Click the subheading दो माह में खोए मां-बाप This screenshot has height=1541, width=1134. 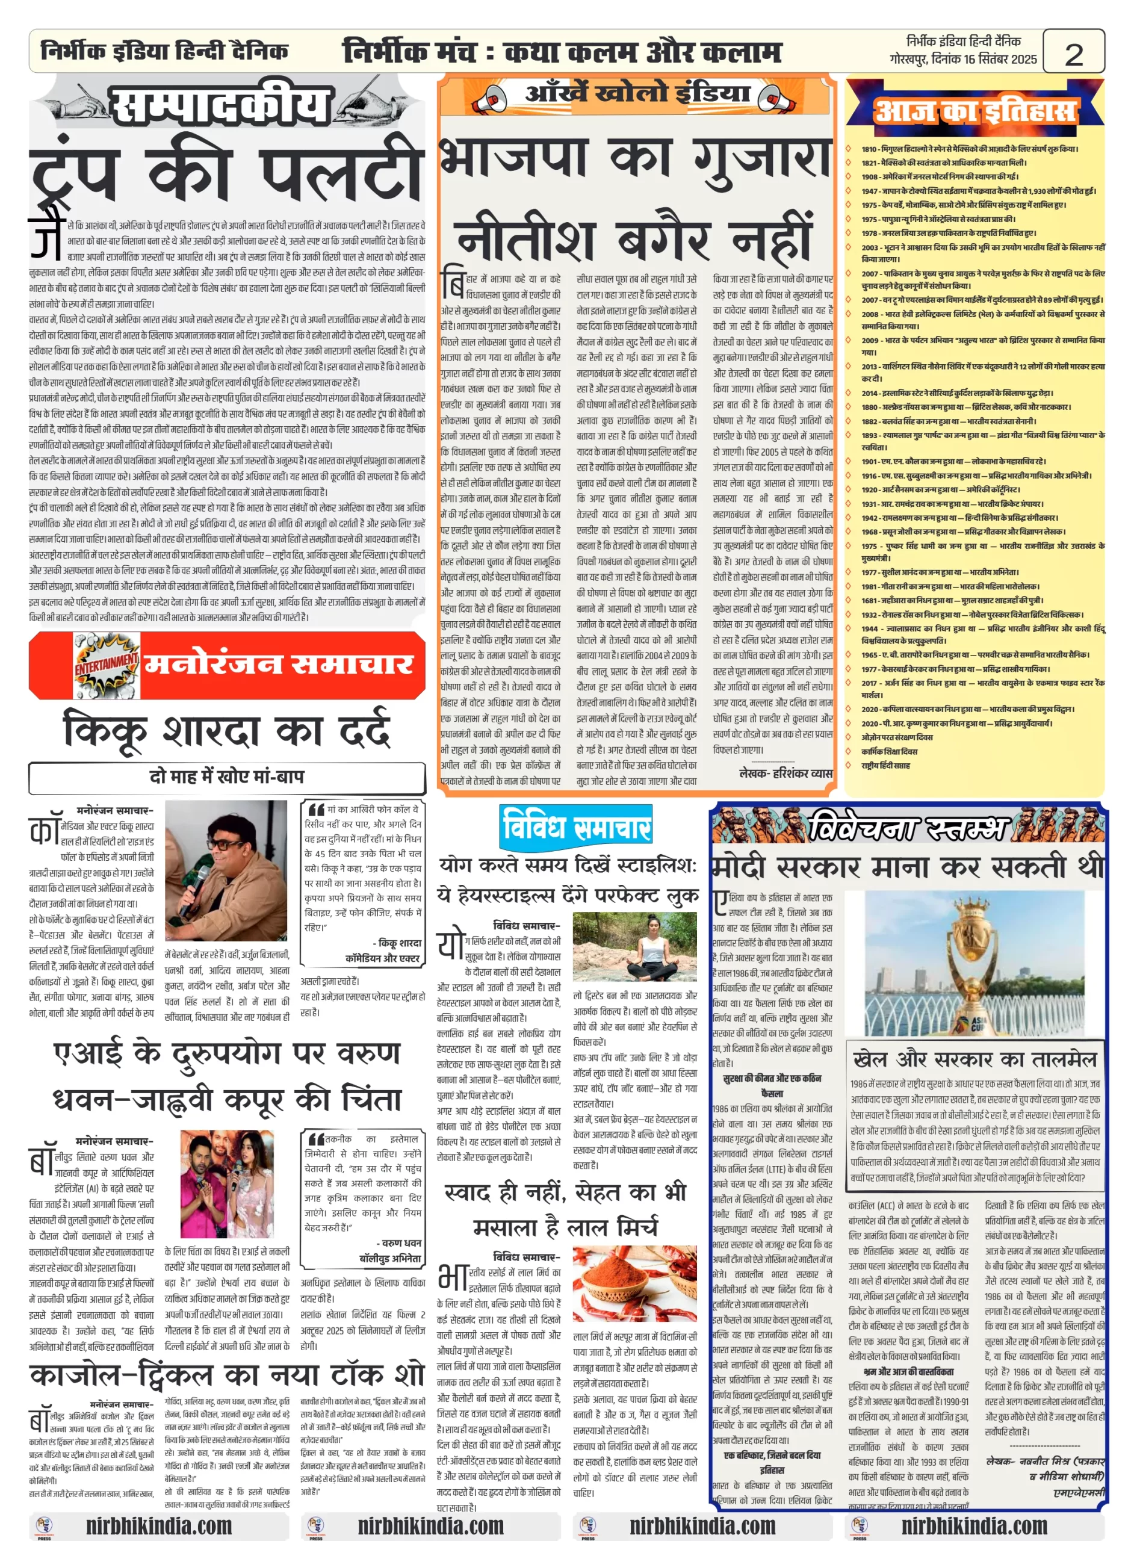tap(226, 777)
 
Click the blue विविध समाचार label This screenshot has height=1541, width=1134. tap(576, 826)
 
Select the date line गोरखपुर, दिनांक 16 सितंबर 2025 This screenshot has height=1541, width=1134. tap(962, 59)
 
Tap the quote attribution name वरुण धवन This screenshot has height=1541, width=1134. tap(401, 1242)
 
